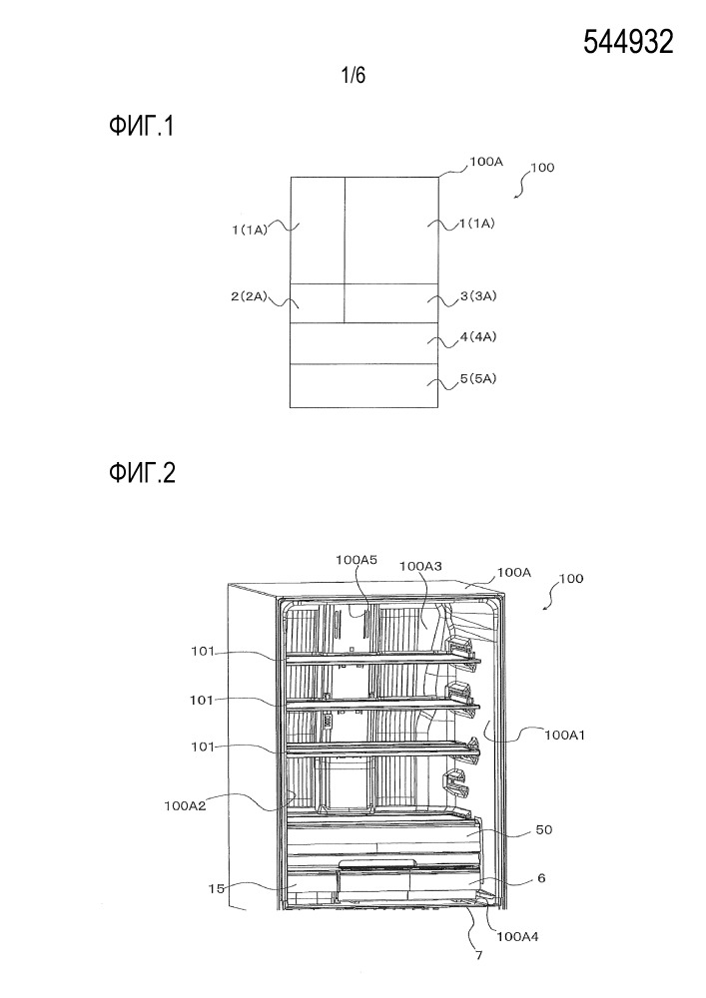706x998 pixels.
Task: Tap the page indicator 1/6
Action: pos(353,75)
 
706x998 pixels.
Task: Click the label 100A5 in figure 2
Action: pos(355,561)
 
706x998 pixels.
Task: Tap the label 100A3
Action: pos(420,566)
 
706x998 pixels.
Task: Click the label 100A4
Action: pos(519,935)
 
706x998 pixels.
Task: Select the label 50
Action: pos(543,829)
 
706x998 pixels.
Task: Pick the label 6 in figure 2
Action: pos(541,878)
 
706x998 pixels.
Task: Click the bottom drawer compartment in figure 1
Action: pos(364,385)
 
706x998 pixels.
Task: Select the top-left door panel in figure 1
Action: pos(318,231)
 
